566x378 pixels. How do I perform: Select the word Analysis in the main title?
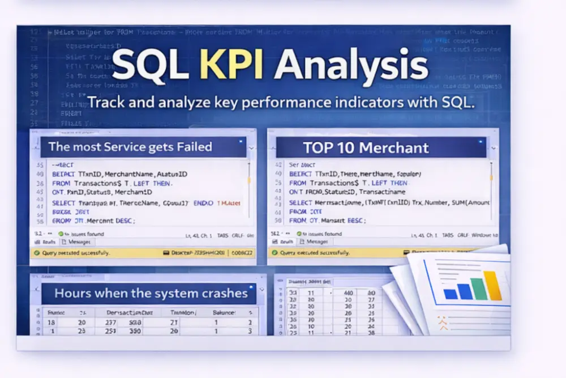tap(351, 66)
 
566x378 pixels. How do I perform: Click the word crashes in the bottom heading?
tap(221, 294)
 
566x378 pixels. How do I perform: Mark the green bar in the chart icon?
tap(478, 289)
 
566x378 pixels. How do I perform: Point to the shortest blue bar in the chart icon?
tap(450, 294)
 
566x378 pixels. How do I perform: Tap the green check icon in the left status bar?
tap(37, 253)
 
